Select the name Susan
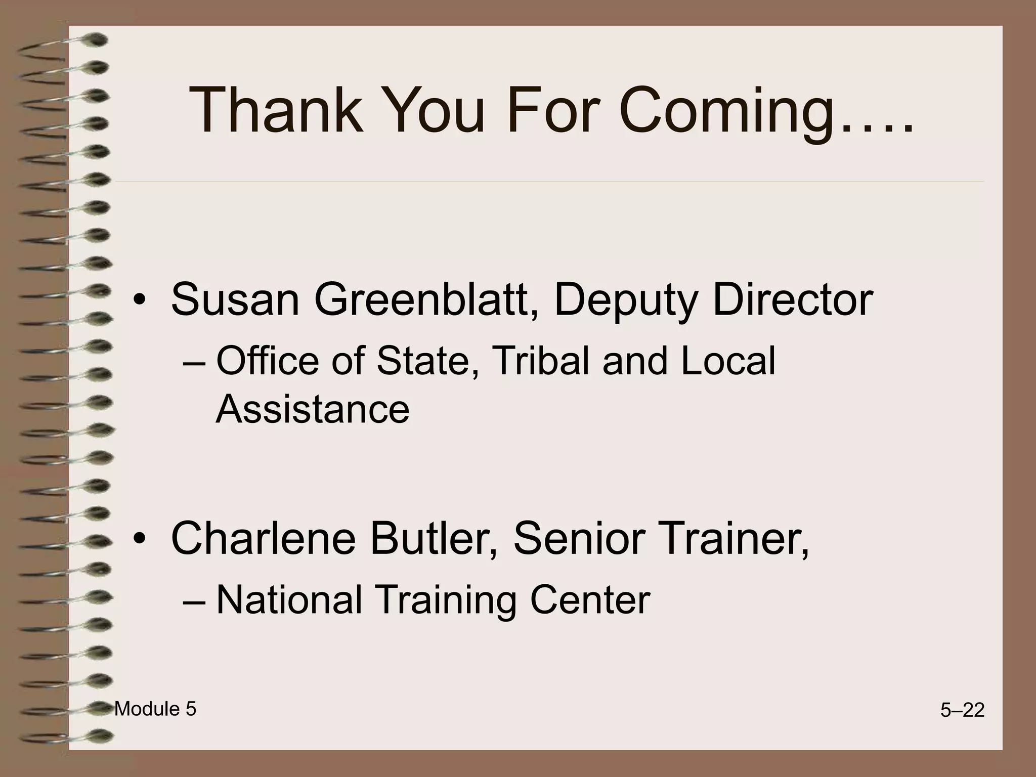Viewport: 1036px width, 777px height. pos(236,299)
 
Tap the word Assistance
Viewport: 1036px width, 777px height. pos(313,409)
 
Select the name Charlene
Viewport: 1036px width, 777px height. pos(263,538)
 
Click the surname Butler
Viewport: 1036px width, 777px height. pos(433,538)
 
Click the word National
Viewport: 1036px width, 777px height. pos(289,600)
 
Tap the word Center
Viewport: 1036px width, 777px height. pos(590,600)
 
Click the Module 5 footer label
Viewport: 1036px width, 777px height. pos(155,709)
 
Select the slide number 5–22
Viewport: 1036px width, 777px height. pos(962,711)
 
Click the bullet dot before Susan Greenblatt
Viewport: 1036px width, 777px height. pos(140,302)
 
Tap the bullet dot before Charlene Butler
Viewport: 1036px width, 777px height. pos(140,540)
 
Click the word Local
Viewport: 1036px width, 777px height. pos(728,361)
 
